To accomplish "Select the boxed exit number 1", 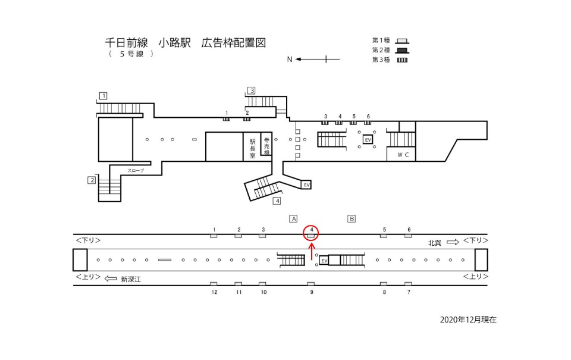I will (x=103, y=95).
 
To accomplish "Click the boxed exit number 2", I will (x=92, y=180).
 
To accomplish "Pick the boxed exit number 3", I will (x=252, y=90).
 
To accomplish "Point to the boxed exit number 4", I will (x=277, y=201).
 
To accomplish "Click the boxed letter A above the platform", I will (x=293, y=218).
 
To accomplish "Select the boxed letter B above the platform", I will (x=352, y=218).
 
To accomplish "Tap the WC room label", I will (x=402, y=155).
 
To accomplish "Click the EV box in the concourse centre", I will (x=368, y=139).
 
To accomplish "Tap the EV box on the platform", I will (x=324, y=261).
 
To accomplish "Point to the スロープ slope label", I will (x=136, y=171).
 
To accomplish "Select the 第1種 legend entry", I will (x=390, y=40).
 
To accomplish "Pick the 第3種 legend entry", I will (x=390, y=60).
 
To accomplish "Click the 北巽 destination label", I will (x=435, y=243).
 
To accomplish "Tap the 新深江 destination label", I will (x=130, y=278).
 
